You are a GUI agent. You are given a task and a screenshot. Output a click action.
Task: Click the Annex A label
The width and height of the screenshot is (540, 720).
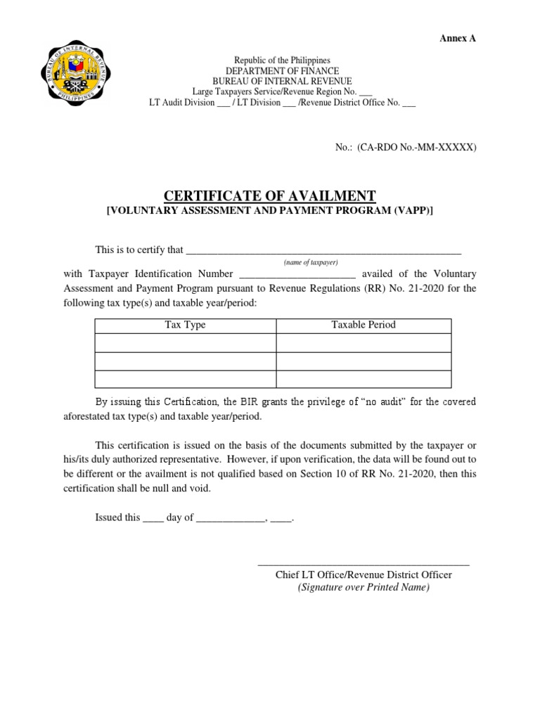(x=458, y=38)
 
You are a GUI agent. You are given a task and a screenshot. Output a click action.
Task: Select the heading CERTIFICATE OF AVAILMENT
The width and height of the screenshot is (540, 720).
(x=270, y=196)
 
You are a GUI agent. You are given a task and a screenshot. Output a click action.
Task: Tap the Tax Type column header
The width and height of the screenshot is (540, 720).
(x=185, y=325)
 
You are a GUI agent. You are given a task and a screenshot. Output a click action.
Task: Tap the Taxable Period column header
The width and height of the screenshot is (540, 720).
(x=364, y=325)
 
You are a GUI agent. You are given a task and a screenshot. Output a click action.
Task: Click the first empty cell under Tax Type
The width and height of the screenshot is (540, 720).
(x=185, y=342)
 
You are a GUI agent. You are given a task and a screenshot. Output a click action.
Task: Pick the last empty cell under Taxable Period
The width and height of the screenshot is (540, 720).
(x=364, y=379)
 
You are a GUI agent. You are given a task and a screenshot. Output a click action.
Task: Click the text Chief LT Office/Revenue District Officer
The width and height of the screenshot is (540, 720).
(x=364, y=575)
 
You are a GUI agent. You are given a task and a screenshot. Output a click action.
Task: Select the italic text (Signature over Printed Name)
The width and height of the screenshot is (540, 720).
(x=364, y=588)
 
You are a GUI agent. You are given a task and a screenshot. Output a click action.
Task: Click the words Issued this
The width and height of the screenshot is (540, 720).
(x=117, y=517)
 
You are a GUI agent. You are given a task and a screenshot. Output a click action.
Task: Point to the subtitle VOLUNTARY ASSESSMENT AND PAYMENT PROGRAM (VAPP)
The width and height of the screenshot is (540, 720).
(x=269, y=211)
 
